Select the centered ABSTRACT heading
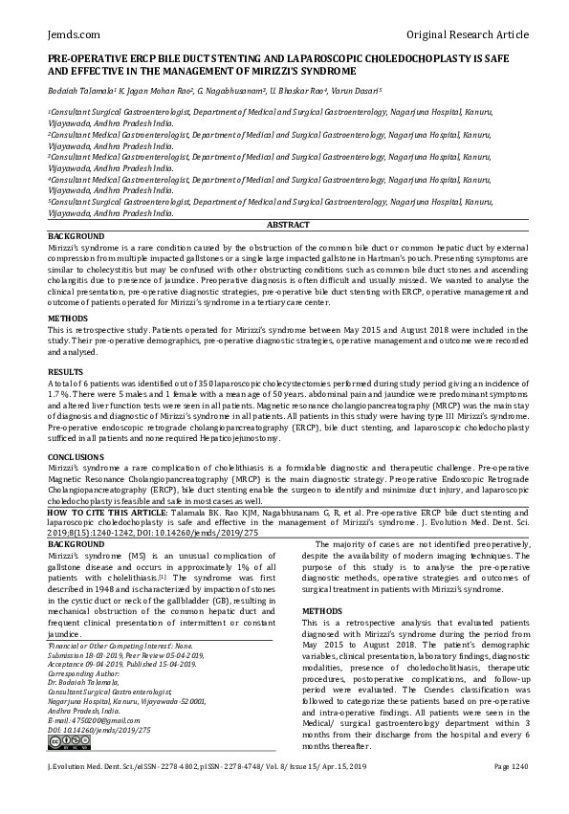[x=288, y=225]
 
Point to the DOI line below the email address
[x=99, y=730]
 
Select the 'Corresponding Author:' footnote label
[x=84, y=673]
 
